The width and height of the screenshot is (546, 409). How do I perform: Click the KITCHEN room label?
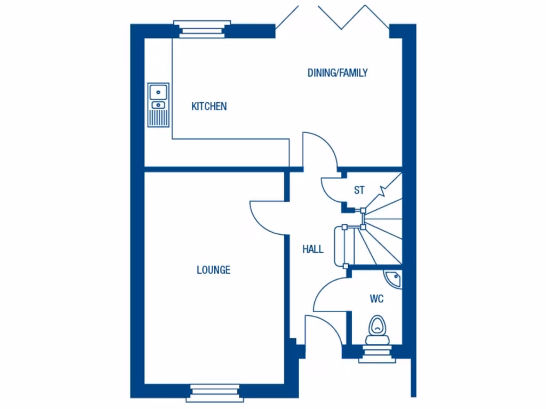pyautogui.click(x=209, y=107)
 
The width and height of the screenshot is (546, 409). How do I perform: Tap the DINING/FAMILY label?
pyautogui.click(x=338, y=73)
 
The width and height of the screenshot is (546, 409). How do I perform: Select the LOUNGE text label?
pyautogui.click(x=213, y=270)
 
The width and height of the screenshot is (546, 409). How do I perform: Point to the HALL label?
pyautogui.click(x=312, y=249)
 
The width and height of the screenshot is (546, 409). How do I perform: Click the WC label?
pyautogui.click(x=376, y=299)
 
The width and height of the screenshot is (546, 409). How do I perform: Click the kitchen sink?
pyautogui.click(x=158, y=105)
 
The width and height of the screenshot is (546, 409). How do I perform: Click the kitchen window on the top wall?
pyautogui.click(x=202, y=29)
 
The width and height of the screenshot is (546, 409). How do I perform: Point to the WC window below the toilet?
pyautogui.click(x=377, y=353)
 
